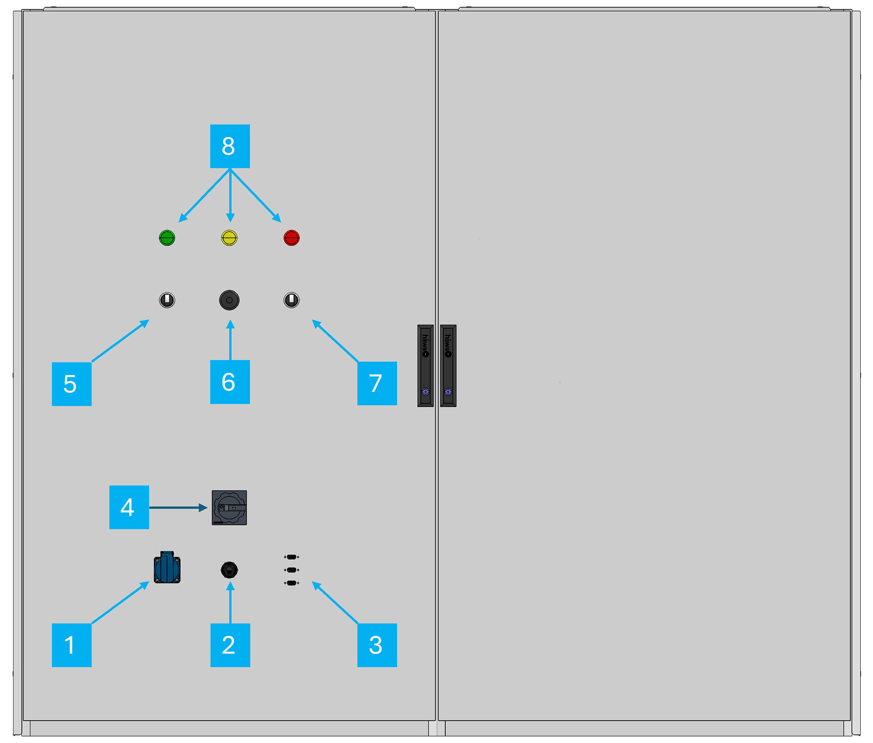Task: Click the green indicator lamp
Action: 167,238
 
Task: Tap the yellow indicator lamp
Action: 229,238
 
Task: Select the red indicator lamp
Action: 292,238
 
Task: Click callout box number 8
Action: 230,146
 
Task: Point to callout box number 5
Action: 72,384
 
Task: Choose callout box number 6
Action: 230,382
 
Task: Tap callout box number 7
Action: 377,383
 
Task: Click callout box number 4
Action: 129,507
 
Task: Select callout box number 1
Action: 72,645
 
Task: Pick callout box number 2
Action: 230,645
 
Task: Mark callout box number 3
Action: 377,645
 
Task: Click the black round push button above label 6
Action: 229,300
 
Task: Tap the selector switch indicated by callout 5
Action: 167,300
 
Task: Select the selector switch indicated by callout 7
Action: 292,300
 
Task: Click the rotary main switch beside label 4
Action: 229,508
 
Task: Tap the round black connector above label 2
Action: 229,570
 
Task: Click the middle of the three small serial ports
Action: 292,570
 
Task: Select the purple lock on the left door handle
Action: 426,392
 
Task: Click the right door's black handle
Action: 448,366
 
